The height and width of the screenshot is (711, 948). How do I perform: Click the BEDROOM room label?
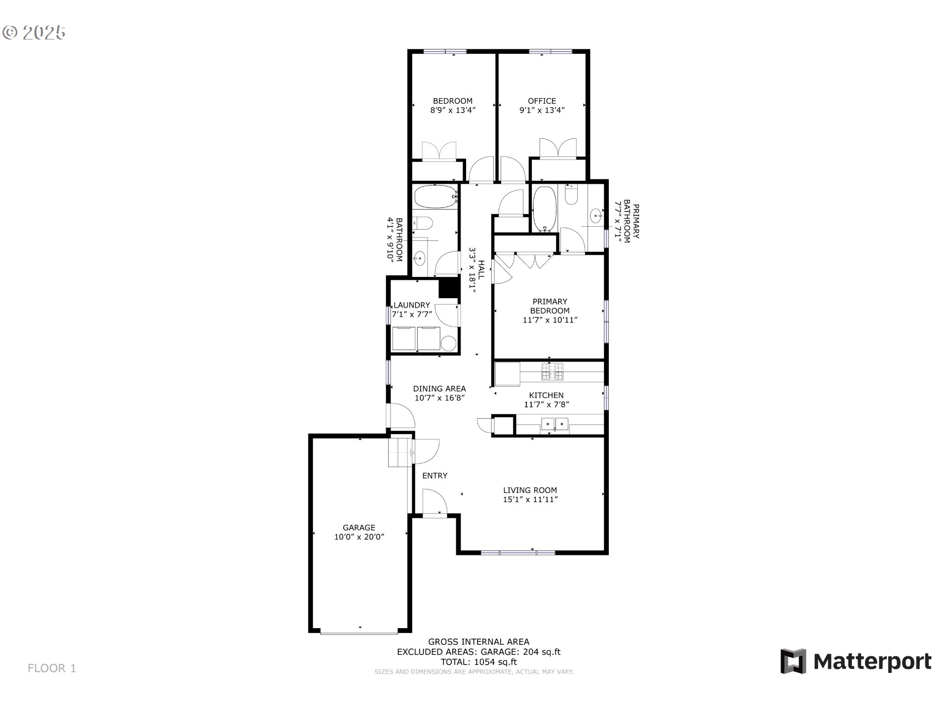coord(453,101)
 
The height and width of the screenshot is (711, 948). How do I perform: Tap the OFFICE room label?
coord(542,101)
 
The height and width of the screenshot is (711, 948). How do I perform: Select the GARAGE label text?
coord(359,528)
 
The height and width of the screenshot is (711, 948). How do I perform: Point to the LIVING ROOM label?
coord(530,490)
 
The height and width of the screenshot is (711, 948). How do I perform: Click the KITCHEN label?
coord(546,395)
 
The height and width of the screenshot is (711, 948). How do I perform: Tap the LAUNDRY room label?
coord(411,305)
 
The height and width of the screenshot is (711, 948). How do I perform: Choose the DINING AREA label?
coord(439,389)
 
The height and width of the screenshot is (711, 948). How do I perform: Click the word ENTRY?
coord(434,475)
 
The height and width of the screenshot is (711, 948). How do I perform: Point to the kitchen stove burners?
coord(553,372)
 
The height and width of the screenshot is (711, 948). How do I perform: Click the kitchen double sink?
coord(555,424)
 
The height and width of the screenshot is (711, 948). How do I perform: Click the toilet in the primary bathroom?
coord(571,195)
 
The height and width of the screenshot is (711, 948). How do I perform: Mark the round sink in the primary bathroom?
coord(596,215)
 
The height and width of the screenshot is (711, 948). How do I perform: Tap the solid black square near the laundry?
coord(449,288)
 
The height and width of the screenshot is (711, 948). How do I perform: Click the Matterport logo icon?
coord(793,661)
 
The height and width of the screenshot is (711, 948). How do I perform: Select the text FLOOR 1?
coord(52,669)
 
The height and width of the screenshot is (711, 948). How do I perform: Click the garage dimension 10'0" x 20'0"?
coord(359,537)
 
